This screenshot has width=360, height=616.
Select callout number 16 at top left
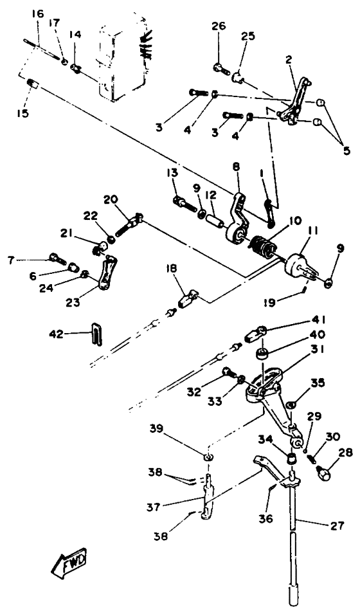pyautogui.click(x=37, y=14)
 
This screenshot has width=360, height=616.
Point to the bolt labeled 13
pyautogui.click(x=183, y=201)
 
